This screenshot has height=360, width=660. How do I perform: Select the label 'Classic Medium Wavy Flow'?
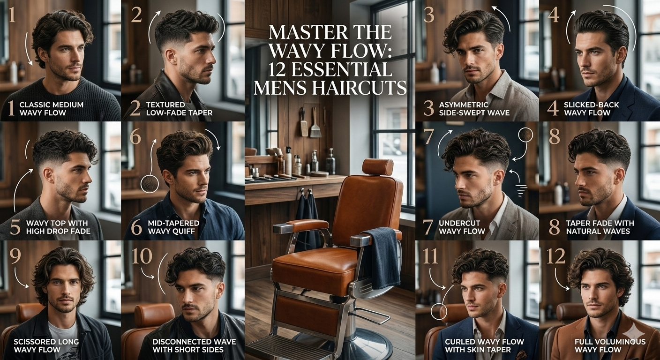click(x=52, y=109)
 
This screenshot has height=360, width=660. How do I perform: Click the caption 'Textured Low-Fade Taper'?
click(x=179, y=109)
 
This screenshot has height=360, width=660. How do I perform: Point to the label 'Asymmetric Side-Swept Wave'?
click(x=474, y=109)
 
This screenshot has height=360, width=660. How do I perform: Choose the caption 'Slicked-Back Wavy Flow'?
click(x=587, y=109)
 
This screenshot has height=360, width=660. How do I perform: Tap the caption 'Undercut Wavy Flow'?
click(x=462, y=227)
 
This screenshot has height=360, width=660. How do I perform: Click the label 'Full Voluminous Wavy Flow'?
click(x=610, y=345)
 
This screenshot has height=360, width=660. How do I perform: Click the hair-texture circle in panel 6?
click(x=150, y=184)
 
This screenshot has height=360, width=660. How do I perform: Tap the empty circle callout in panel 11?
click(x=438, y=312)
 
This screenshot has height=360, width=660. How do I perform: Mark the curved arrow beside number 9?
click(x=21, y=278)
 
